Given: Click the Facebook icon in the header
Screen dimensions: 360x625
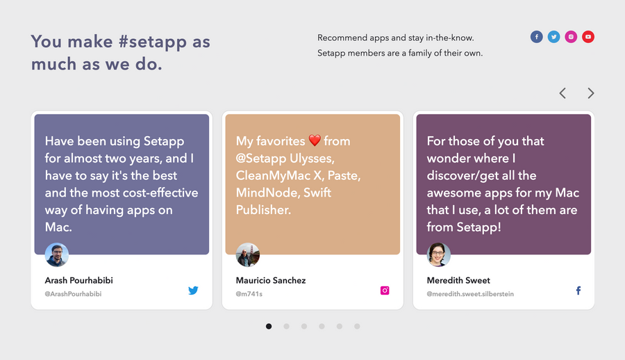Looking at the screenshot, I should click(536, 37).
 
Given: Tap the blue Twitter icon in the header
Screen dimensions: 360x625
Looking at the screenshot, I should click(553, 37).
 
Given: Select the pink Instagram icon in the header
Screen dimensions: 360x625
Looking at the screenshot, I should click(571, 37).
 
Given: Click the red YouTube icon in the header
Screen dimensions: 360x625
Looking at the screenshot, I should click(588, 37).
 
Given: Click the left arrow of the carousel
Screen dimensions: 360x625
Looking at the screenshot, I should click(562, 93).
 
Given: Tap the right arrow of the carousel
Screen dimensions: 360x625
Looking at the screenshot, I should click(591, 93).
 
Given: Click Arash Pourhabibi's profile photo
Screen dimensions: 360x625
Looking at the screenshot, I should click(57, 255).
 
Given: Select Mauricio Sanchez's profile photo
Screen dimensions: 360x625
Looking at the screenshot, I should click(248, 255).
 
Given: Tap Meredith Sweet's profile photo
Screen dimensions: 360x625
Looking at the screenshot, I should click(439, 255).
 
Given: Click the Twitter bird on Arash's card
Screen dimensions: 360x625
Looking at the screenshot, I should click(193, 291).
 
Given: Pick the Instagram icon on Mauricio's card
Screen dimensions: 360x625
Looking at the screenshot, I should click(385, 291).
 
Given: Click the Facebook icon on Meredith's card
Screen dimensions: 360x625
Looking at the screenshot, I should click(578, 291).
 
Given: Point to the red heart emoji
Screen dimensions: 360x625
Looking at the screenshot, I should click(315, 141).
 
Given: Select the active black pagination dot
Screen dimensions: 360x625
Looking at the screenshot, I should click(269, 326).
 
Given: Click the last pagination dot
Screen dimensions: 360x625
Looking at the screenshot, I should click(357, 326).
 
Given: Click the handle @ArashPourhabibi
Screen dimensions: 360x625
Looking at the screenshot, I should click(73, 294).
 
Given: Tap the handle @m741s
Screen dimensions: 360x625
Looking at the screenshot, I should click(249, 294).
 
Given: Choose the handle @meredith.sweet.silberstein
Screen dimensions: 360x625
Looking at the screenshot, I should click(470, 294).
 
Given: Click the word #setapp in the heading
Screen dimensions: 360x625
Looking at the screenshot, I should click(153, 42).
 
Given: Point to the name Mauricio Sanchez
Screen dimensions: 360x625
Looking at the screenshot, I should click(271, 280).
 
